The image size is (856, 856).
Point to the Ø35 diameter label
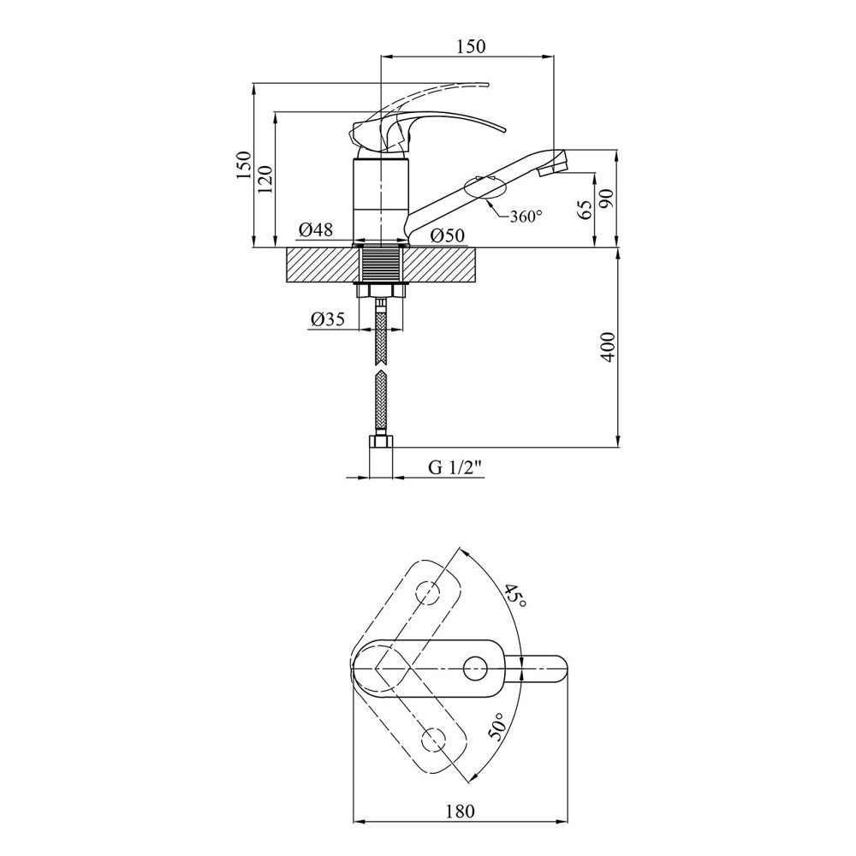coord(328,319)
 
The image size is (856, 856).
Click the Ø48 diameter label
coord(316,229)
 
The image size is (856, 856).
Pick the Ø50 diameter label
coord(448,236)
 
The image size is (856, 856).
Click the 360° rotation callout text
coord(526,217)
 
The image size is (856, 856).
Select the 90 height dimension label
coord(607,199)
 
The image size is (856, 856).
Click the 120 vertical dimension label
coord(265,180)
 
